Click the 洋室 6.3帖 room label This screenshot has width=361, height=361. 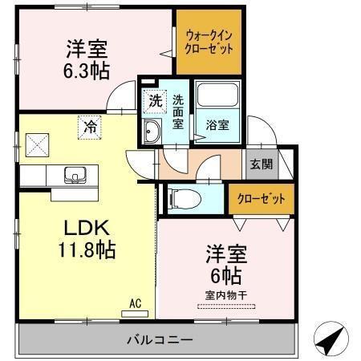83,59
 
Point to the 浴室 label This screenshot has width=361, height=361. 217,125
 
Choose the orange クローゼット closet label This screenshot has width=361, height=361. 261,197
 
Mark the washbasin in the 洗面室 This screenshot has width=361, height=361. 152,133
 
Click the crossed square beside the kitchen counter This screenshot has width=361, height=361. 35,145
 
